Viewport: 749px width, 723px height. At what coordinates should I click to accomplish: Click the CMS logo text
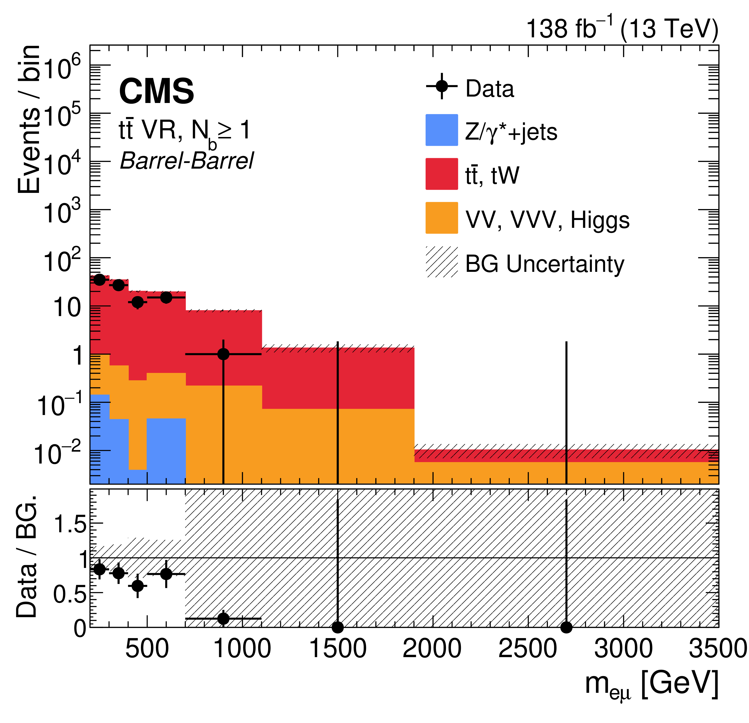156,91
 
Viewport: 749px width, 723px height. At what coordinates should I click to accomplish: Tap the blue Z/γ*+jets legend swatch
441,130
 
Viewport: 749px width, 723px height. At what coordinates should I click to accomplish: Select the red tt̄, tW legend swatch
441,174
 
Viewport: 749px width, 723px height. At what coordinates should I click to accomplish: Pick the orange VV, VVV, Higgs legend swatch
441,218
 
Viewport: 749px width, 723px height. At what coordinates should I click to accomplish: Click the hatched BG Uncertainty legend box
441,262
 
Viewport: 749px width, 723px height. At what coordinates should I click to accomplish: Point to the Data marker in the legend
441,86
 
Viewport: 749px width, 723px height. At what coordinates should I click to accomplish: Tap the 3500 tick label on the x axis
718,649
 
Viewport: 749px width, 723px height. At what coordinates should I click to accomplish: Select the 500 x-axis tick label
147,649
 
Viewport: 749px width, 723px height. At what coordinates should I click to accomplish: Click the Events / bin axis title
29,119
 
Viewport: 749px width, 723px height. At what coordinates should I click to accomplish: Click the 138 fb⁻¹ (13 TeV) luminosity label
622,29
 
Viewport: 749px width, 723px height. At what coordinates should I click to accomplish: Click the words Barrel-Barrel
187,161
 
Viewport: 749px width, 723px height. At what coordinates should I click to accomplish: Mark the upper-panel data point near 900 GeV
223,354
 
